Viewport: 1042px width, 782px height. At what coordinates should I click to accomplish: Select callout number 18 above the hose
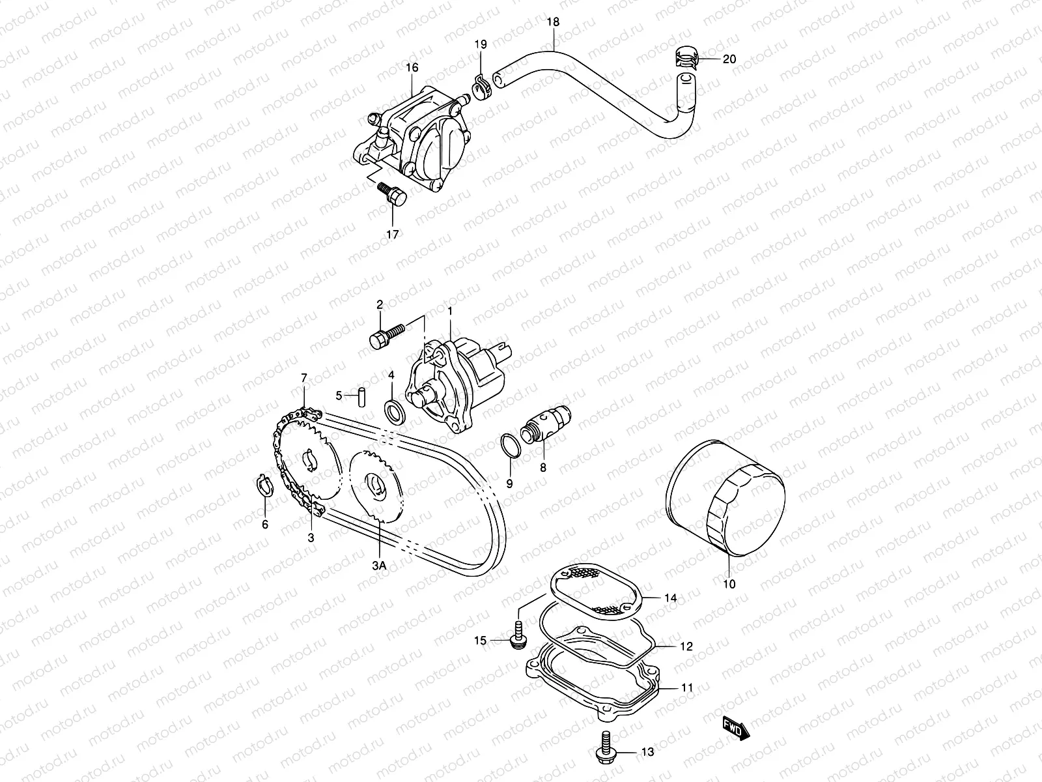(x=553, y=22)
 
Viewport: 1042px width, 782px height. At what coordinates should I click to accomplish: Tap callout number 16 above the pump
(x=412, y=68)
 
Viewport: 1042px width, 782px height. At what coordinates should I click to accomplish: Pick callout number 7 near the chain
(x=303, y=378)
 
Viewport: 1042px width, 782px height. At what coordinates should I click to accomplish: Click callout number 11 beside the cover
(x=688, y=688)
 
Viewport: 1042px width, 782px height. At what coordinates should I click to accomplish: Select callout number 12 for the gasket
(x=686, y=646)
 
